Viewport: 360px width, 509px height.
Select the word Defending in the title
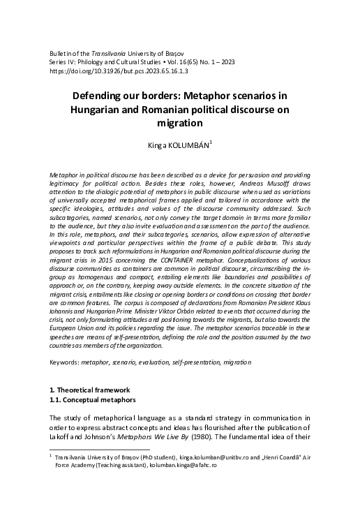coord(101,94)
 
